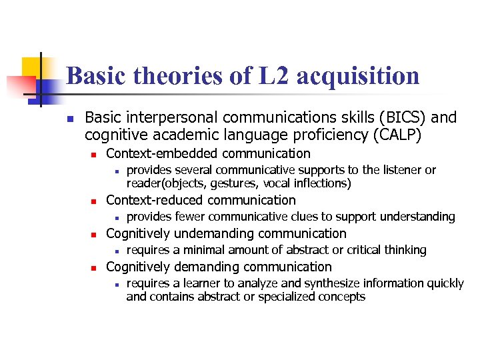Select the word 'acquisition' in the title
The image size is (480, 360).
(357, 76)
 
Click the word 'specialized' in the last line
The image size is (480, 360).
(275, 297)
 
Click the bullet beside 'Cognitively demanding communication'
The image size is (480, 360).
(95, 267)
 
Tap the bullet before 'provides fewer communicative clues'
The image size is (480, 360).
(115, 217)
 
